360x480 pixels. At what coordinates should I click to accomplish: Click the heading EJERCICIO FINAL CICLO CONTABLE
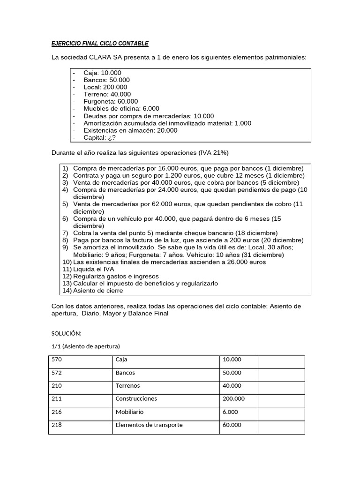click(x=99, y=44)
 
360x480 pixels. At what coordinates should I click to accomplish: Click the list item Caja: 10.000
click(x=102, y=73)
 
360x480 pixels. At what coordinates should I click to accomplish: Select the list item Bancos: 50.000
click(x=106, y=80)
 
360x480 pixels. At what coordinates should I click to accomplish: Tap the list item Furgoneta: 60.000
click(x=111, y=101)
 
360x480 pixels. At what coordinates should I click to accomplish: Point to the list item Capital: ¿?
click(x=99, y=138)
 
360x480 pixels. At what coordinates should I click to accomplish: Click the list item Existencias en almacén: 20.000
click(x=130, y=130)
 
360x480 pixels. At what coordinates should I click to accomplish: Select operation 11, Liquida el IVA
click(x=93, y=270)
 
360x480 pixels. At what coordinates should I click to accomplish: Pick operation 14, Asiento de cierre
click(x=98, y=291)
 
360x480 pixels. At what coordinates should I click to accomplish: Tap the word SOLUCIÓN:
click(x=66, y=333)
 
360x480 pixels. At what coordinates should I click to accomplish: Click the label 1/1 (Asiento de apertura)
click(x=86, y=346)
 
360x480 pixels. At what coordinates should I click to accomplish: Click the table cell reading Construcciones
click(x=136, y=399)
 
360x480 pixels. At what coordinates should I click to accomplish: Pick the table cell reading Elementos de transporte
click(x=149, y=425)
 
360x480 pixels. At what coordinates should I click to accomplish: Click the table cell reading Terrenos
click(x=127, y=386)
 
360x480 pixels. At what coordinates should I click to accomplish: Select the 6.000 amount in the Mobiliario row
click(x=230, y=412)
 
